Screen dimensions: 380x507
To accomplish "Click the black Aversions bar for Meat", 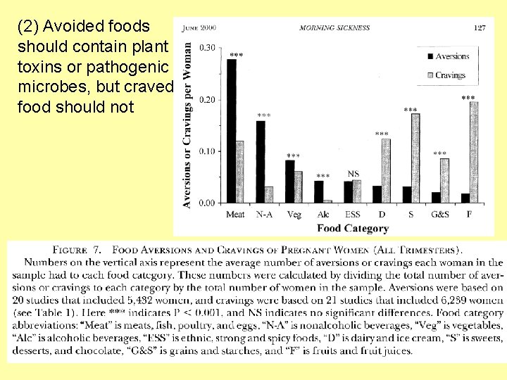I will pyautogui.click(x=232, y=131).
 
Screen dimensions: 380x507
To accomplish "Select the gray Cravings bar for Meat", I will pyautogui.click(x=240, y=172).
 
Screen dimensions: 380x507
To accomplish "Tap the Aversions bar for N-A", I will pyautogui.click(x=261, y=162).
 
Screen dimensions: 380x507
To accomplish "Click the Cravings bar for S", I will pyautogui.click(x=415, y=158).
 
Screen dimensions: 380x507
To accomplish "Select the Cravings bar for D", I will pyautogui.click(x=386, y=170).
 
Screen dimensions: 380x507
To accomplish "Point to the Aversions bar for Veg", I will pyautogui.click(x=289, y=182).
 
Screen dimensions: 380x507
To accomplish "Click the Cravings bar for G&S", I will pyautogui.click(x=444, y=180).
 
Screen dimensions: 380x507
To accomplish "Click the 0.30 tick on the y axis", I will pyautogui.click(x=208, y=48).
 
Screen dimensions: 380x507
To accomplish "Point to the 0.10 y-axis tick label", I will pyautogui.click(x=208, y=151).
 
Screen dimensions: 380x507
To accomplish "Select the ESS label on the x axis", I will pyautogui.click(x=352, y=214).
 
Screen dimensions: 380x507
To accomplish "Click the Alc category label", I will pyautogui.click(x=323, y=214).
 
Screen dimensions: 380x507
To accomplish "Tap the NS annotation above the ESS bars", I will pyautogui.click(x=353, y=174).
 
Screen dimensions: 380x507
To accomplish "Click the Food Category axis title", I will pyautogui.click(x=352, y=228).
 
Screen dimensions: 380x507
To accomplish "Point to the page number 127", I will pyautogui.click(x=479, y=28).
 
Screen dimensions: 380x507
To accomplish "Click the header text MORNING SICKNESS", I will pyautogui.click(x=334, y=28).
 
